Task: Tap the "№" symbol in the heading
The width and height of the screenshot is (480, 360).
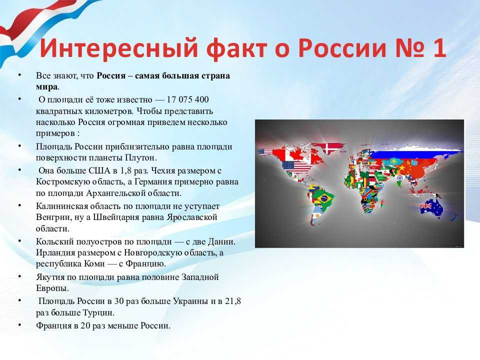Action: pyautogui.click(x=410, y=48)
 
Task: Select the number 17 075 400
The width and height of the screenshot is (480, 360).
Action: pyautogui.click(x=187, y=99)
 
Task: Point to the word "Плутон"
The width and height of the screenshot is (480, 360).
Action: pyautogui.click(x=140, y=157)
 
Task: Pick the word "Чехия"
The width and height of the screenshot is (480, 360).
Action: pyautogui.click(x=164, y=170)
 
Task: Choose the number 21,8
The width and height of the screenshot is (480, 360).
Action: pyautogui.click(x=233, y=301)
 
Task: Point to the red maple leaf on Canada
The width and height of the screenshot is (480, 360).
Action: pyautogui.click(x=296, y=154)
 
